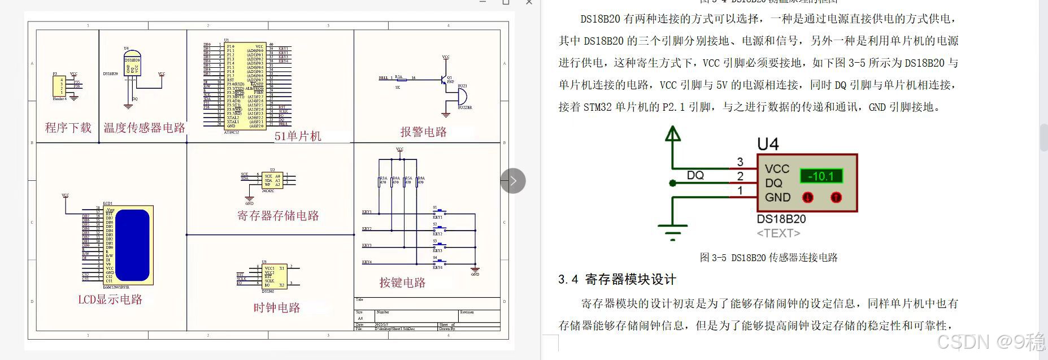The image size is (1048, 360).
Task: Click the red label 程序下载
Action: [x=68, y=128]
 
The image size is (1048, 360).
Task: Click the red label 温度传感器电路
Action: [x=144, y=128]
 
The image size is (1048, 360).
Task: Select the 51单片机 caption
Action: [x=298, y=136]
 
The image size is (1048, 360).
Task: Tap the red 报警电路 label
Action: [x=423, y=132]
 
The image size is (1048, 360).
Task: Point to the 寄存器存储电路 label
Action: [x=278, y=215]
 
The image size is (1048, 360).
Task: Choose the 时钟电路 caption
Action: [x=277, y=307]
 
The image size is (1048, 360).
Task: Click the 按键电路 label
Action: [x=402, y=283]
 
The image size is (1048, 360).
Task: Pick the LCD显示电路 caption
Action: [x=110, y=300]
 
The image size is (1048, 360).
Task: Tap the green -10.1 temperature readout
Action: [x=821, y=176]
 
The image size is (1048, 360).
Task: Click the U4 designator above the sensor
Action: [x=768, y=145]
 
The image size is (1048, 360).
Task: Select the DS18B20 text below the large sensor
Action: [x=781, y=219]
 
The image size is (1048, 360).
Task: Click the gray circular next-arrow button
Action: [x=513, y=181]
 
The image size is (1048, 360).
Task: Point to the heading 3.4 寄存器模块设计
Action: [x=617, y=279]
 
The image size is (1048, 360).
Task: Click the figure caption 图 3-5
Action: [x=768, y=258]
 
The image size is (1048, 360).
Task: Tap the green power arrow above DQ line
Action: [x=672, y=135]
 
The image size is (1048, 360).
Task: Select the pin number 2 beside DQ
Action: [x=740, y=176]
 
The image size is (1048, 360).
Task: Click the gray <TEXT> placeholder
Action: [x=779, y=233]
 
